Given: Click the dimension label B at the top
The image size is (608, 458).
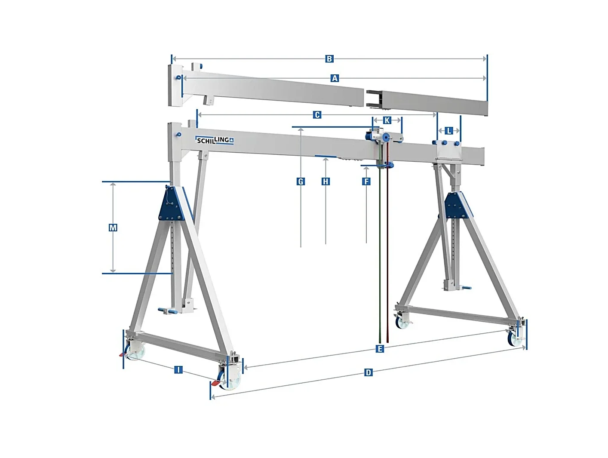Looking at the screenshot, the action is tap(329, 59).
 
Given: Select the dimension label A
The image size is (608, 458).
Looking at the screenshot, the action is tap(335, 78).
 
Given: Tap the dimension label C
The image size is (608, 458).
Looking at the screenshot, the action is tap(317, 115).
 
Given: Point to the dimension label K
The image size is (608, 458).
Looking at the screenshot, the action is tap(387, 120).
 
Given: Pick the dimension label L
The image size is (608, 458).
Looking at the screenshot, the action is tap(449, 130).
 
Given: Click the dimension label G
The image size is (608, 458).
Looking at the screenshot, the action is tap(301, 181).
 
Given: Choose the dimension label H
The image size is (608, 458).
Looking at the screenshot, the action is tap(325, 181).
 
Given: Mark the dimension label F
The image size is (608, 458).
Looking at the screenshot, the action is tap(366, 181).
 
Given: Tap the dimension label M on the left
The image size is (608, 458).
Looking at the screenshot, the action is tap(113, 227).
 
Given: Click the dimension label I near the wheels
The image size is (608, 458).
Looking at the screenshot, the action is tap(178, 369).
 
